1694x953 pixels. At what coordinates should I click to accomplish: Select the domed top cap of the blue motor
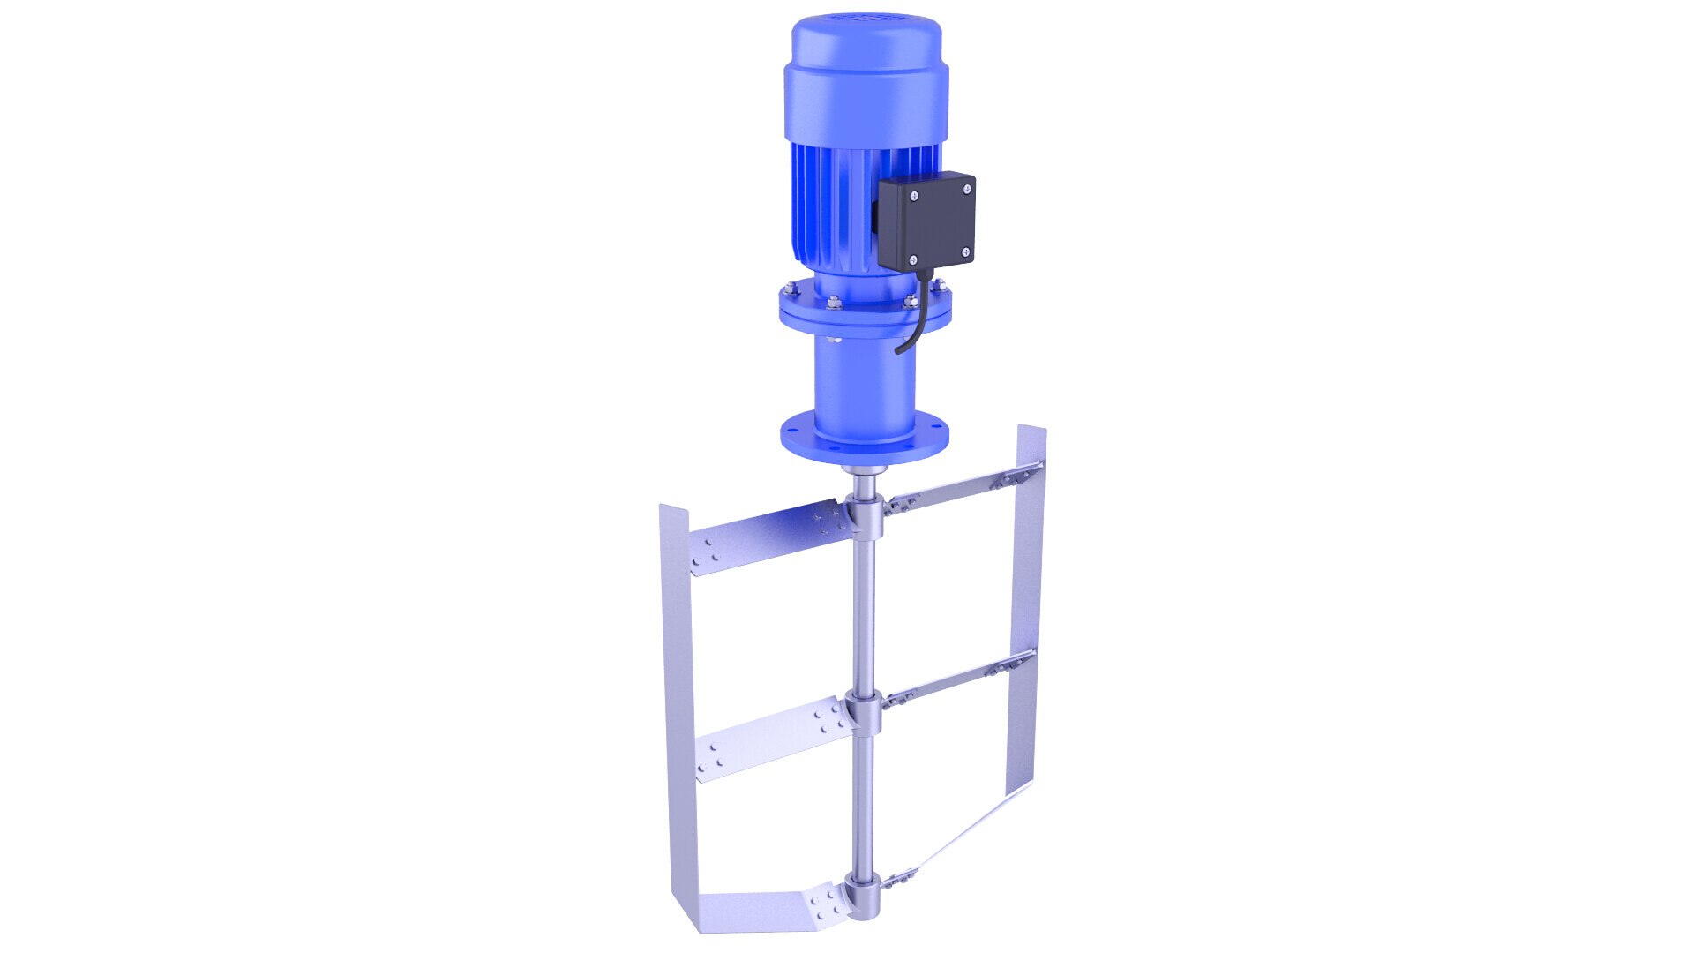(x=864, y=53)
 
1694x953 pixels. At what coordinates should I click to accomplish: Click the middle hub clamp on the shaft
(x=864, y=711)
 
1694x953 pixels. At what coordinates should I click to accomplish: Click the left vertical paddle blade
(x=678, y=706)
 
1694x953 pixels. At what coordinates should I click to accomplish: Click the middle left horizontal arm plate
(x=768, y=741)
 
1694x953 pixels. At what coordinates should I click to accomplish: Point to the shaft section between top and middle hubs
(x=864, y=618)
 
